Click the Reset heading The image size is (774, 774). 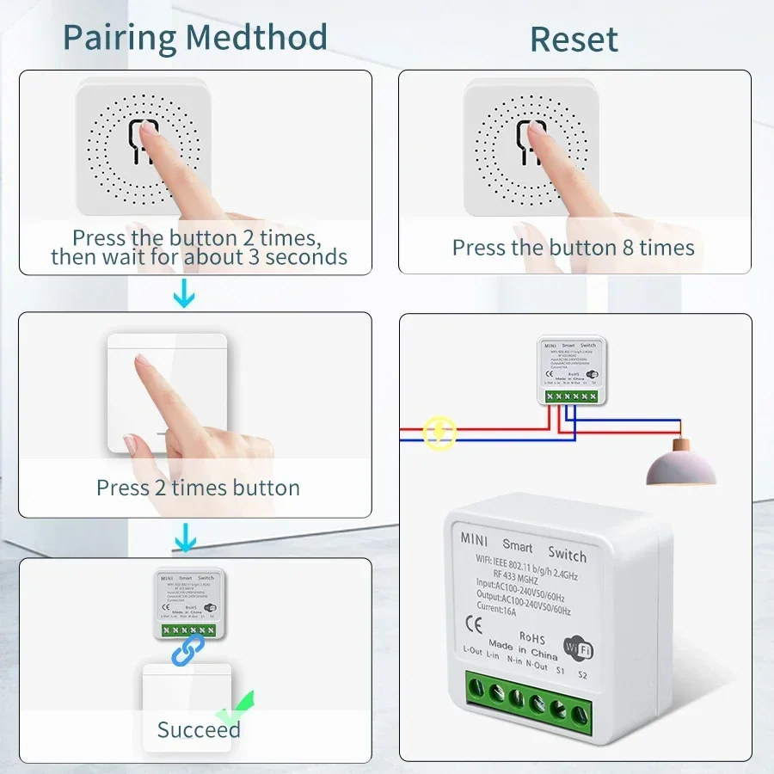[574, 40]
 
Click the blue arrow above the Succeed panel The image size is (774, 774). [184, 540]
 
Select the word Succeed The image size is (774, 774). [198, 729]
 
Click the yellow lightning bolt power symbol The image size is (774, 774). [440, 432]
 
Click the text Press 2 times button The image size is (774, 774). [198, 488]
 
